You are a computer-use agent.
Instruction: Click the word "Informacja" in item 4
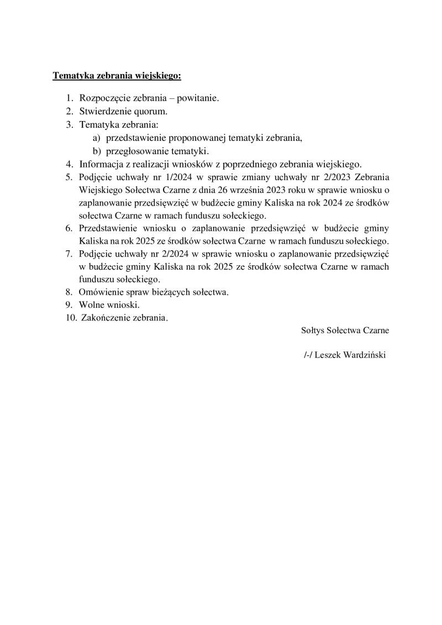[x=100, y=164]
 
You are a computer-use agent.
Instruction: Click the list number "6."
[x=69, y=229]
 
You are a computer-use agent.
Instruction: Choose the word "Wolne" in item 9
[x=91, y=304]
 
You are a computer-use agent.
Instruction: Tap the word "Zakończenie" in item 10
[x=103, y=318]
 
